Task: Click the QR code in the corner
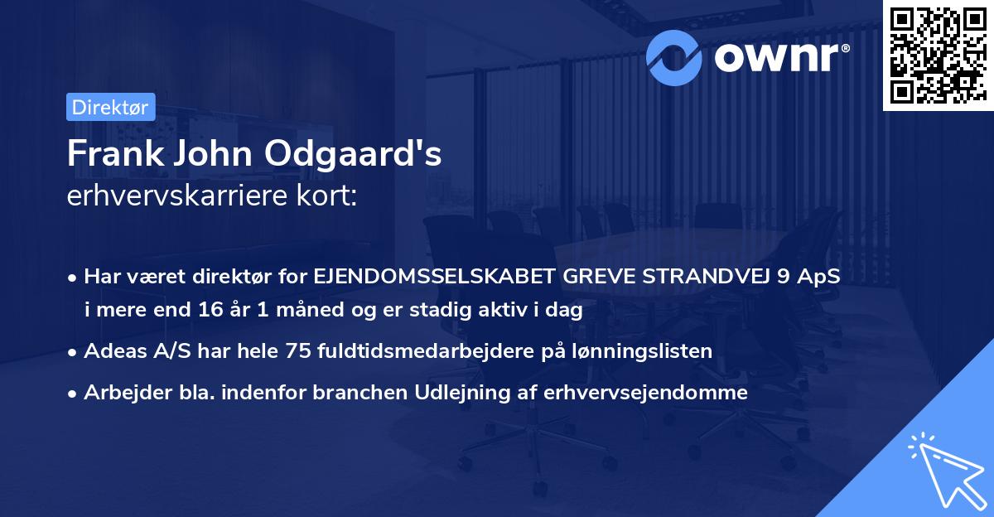937,56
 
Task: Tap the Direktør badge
110,107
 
